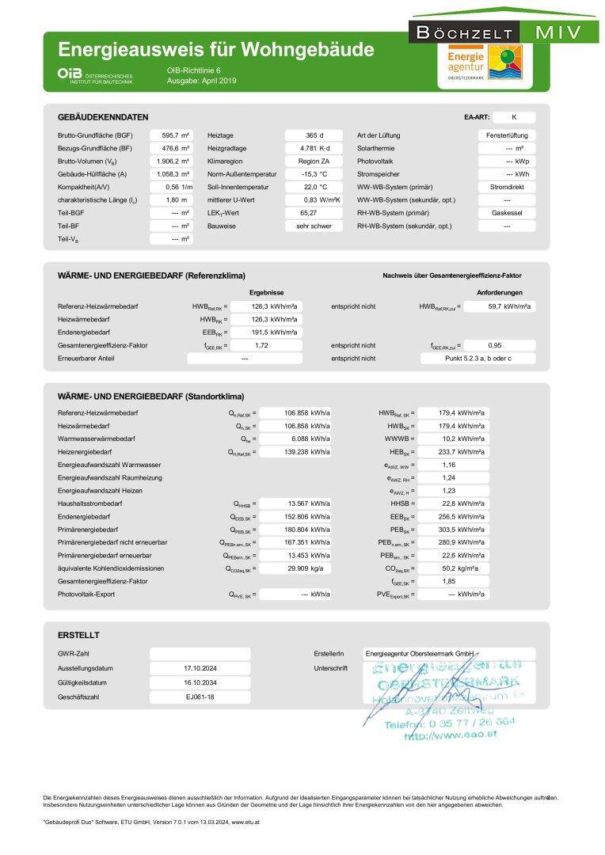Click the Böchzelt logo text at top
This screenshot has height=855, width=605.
point(464,32)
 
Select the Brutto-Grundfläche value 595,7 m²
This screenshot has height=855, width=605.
point(175,135)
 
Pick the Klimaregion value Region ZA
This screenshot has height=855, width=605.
point(314,161)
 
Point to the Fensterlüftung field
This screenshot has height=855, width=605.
point(507,135)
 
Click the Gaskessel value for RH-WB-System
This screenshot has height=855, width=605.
point(507,213)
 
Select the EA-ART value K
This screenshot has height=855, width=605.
point(514,116)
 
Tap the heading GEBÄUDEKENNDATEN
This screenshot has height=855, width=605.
point(103,116)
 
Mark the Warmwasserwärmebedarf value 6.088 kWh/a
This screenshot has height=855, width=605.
point(297,439)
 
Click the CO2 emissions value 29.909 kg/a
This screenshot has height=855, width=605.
point(297,569)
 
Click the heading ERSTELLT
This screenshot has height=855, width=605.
point(78,635)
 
